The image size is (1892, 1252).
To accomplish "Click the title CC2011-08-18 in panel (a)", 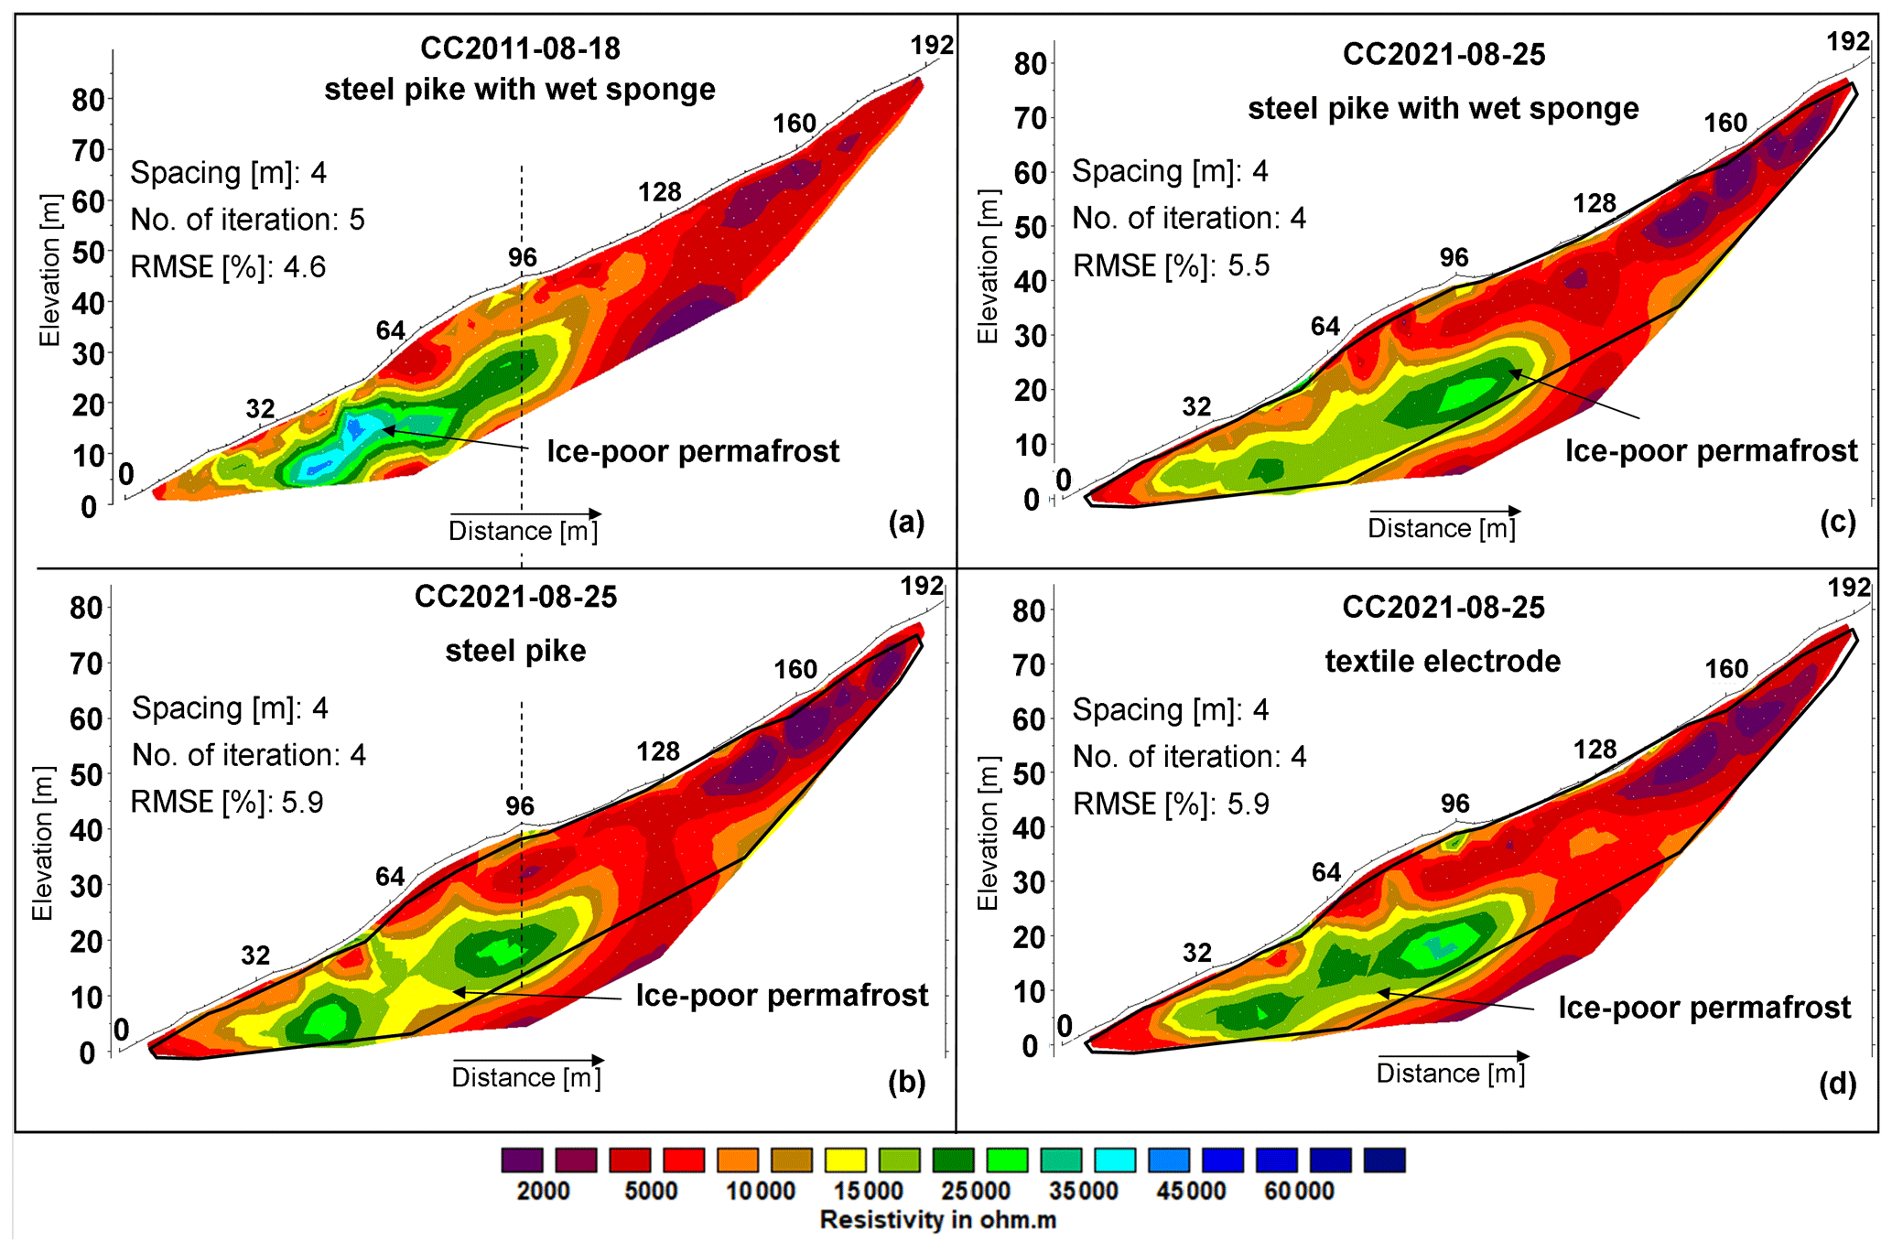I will [520, 49].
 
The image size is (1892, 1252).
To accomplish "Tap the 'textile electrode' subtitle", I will [1443, 661].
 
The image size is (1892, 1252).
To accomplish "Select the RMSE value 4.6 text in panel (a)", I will [304, 267].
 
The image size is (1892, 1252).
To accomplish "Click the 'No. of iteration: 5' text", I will [247, 220].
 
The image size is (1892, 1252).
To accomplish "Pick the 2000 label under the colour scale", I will [543, 1191].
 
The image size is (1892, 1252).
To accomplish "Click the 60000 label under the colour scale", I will [1299, 1191].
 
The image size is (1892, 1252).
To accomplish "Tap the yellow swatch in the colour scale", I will [845, 1160].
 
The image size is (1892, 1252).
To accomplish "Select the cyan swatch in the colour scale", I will [1115, 1160].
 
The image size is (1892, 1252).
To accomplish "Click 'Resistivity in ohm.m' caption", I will [937, 1220].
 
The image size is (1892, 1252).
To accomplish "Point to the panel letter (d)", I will [1837, 1084].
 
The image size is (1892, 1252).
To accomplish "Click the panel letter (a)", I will [906, 523].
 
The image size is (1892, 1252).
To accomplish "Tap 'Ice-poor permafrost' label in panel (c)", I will [1711, 450].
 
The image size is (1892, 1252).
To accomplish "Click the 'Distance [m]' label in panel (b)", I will [526, 1077].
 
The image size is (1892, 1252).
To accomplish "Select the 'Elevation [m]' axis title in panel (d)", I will [988, 834].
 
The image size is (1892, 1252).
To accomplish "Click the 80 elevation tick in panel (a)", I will [89, 100].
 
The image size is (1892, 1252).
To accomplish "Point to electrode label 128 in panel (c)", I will [1595, 203].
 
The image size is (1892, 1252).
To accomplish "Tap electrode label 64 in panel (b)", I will [390, 877].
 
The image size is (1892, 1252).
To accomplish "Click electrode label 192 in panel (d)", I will [1849, 588].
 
